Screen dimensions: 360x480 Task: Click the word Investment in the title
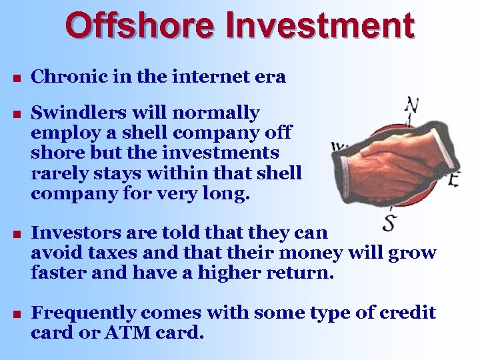[320, 27]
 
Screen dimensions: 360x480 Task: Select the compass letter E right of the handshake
[454, 179]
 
